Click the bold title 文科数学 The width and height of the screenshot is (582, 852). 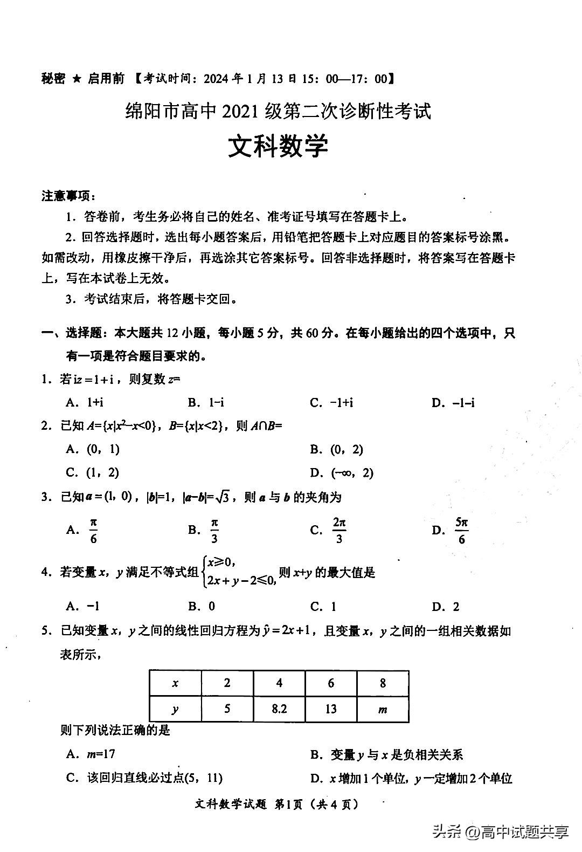point(278,146)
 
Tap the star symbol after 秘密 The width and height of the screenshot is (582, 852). point(77,79)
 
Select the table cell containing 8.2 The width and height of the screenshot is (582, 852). point(279,709)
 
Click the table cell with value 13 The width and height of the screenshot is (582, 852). point(330,709)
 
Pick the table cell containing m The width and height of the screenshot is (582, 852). point(383,709)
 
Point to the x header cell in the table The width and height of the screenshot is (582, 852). point(175,684)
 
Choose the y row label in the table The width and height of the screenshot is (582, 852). point(175,709)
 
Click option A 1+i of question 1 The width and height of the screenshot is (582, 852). point(85,402)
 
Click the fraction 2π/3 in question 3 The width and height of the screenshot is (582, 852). point(339,531)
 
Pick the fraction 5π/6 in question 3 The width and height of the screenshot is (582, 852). point(461,531)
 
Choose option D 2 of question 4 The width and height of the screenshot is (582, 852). point(446,607)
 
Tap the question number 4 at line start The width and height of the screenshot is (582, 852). point(45,573)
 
